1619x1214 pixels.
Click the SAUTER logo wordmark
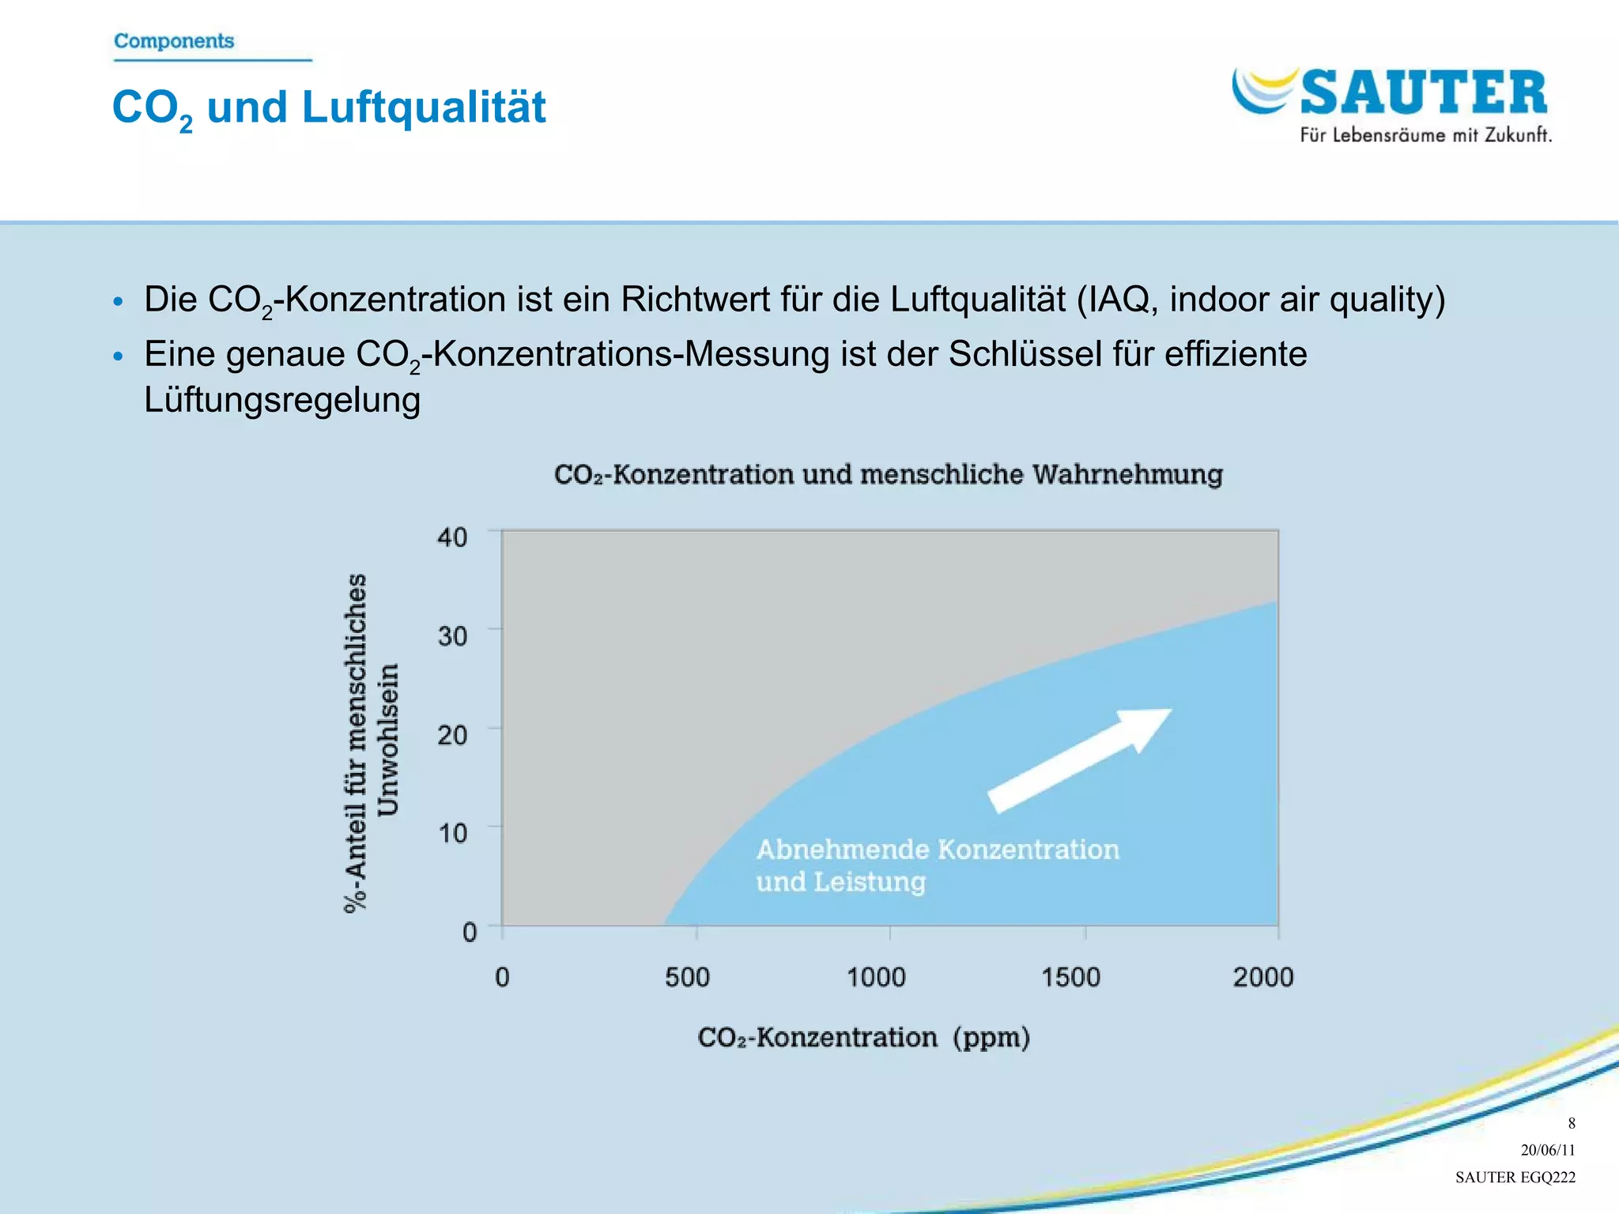click(1423, 93)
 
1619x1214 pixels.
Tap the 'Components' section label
click(174, 41)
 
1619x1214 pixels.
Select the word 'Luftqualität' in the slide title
click(424, 107)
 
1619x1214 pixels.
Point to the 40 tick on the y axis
click(452, 537)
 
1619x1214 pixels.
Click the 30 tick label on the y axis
click(452, 635)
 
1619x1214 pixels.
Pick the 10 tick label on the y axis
click(453, 833)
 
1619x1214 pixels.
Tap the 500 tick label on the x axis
click(687, 978)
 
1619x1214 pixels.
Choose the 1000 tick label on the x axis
click(876, 978)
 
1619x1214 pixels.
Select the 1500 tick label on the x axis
click(1070, 978)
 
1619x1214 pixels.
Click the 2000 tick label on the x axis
click(1263, 978)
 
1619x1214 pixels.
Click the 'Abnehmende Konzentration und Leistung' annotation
click(938, 865)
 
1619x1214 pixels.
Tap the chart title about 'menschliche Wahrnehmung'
click(889, 474)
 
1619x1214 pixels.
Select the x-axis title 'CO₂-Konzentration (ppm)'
click(863, 1037)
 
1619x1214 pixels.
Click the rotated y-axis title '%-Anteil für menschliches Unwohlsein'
click(372, 743)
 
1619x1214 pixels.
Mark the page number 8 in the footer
click(1572, 1123)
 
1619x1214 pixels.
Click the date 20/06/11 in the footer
click(1548, 1150)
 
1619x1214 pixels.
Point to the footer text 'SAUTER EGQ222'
click(1515, 1177)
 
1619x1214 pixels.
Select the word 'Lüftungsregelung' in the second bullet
click(282, 400)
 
